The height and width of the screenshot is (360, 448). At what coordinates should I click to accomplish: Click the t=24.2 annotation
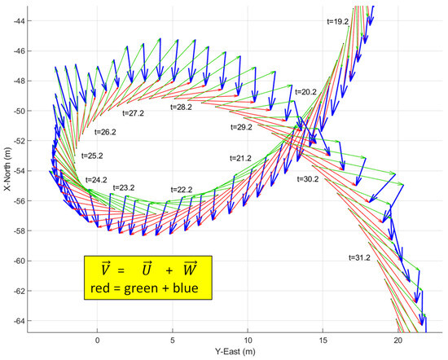pyautogui.click(x=96, y=179)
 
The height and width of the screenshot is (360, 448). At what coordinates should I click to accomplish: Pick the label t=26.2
pyautogui.click(x=105, y=131)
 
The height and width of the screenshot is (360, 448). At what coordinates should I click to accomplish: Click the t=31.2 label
pyautogui.click(x=358, y=257)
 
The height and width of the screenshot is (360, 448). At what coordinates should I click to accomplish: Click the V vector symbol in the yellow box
pyautogui.click(x=106, y=267)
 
